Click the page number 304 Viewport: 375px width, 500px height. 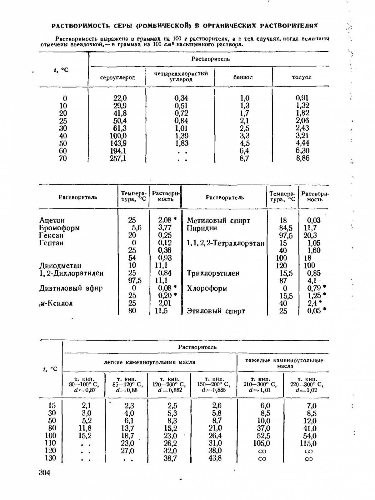pos(44,472)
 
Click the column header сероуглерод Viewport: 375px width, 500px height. pos(117,77)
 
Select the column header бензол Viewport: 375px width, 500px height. pos(243,77)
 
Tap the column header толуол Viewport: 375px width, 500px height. pos(302,77)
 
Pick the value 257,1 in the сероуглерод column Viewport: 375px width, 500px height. pos(118,158)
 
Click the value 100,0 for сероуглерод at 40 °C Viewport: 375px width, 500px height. pos(118,136)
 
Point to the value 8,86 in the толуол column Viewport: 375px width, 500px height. pos(302,158)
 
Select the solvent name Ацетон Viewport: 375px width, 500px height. pos(52,220)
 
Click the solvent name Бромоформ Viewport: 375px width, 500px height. pos(59,228)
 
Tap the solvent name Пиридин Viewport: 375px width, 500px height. pos(202,228)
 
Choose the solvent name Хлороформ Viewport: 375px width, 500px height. pos(207,288)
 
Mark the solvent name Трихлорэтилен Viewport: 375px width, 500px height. pos(213,273)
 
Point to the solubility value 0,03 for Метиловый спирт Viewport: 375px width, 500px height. pos(313,220)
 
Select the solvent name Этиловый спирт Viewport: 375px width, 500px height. pos(216,311)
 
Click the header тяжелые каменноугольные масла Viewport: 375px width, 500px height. pos(284,363)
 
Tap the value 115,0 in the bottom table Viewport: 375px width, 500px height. pos(308,443)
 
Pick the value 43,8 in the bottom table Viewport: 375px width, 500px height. pos(215,458)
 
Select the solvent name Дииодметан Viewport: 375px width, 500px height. pos(60,266)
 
